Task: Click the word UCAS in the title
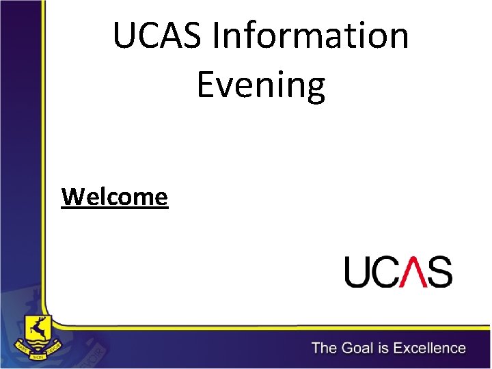pos(157,36)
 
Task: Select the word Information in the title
pos(310,36)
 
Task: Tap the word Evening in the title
pos(260,85)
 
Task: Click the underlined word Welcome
pos(114,197)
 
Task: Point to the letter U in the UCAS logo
pos(358,271)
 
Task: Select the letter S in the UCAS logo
pos(439,271)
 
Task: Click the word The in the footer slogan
pos(325,348)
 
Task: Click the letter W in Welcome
pos(71,197)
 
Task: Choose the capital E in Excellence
pos(400,348)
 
